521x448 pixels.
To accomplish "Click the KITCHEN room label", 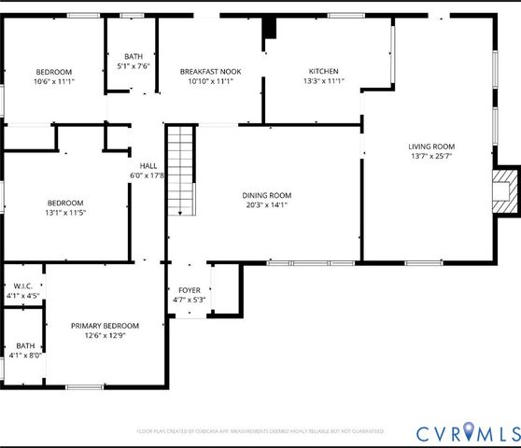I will tap(323, 71).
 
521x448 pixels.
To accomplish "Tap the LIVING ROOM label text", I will tap(430, 146).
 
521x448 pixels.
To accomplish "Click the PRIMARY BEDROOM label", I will tap(105, 326).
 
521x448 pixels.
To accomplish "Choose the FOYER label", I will tap(189, 289).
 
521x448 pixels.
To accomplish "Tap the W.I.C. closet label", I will tap(22, 287).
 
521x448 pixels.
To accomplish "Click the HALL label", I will tap(148, 165).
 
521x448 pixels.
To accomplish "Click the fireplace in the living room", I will tap(506, 191).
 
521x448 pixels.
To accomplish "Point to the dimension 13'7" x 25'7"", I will tap(430, 156).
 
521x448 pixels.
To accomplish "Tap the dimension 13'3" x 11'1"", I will tap(323, 81).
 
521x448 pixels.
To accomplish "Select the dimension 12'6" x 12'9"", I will tap(105, 336).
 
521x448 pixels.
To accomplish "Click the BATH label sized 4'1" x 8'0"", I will tap(24, 350).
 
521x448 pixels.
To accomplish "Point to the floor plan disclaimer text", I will tap(260, 431).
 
